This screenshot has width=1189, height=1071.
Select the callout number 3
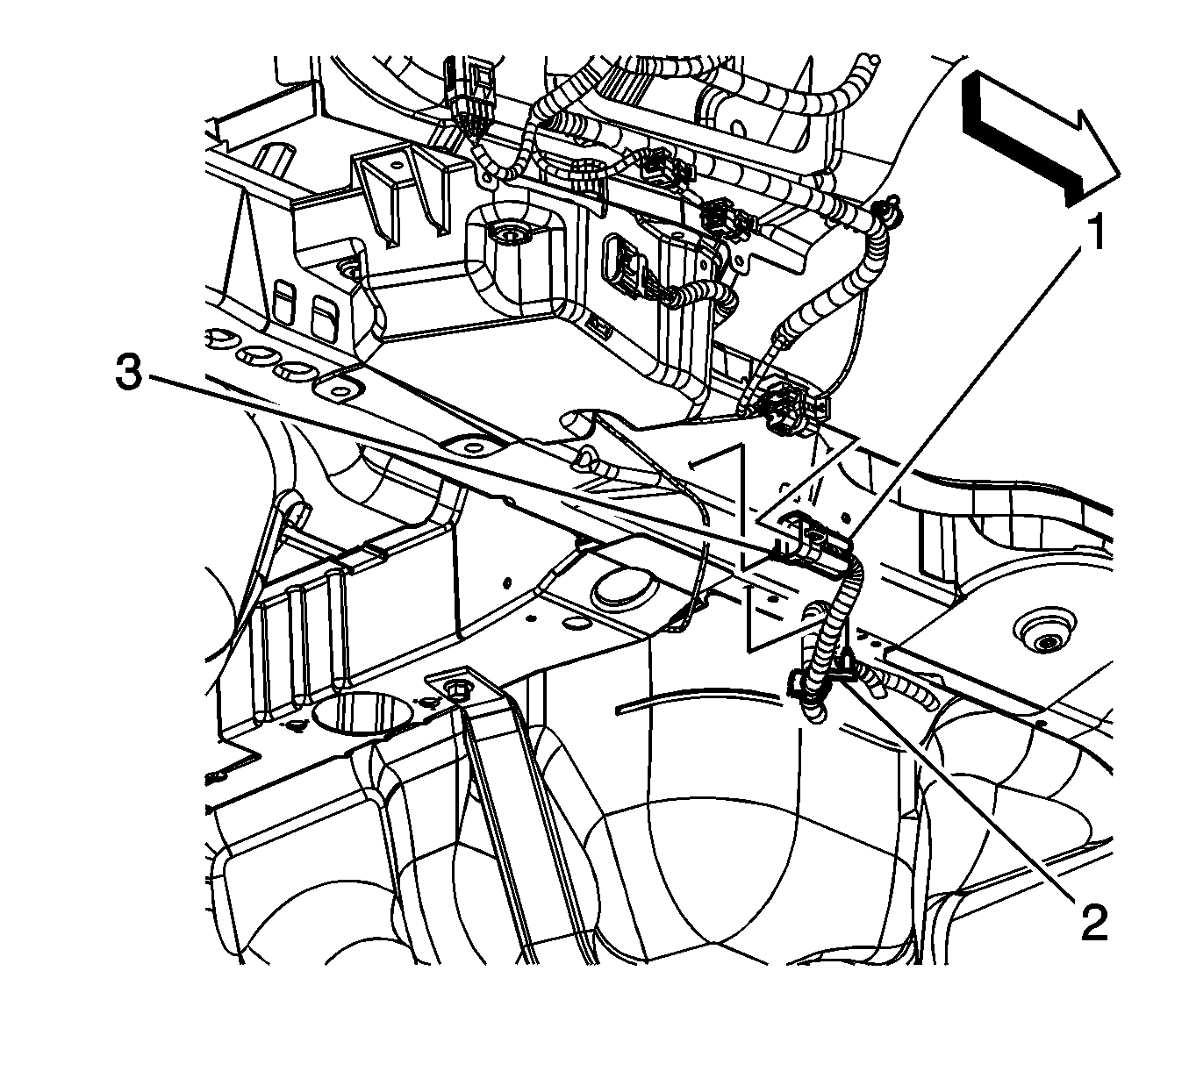click(x=130, y=375)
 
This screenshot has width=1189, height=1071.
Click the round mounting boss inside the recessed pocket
click(x=507, y=235)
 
